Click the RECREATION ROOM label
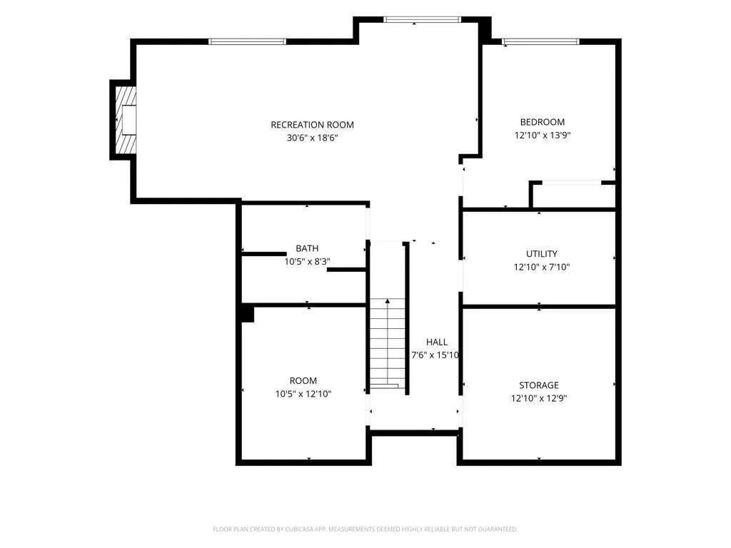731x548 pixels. (312, 125)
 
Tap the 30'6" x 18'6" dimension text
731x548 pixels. (312, 138)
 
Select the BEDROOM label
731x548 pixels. (543, 122)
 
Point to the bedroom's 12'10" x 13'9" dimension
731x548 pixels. (543, 135)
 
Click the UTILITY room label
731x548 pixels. (542, 254)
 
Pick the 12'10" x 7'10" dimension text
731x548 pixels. (542, 267)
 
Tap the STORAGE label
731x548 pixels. (539, 385)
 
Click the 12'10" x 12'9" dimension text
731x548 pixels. (539, 398)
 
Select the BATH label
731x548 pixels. (307, 248)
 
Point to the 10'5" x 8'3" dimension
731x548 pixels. (307, 261)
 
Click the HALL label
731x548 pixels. (437, 342)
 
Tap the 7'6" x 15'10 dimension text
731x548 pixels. (435, 355)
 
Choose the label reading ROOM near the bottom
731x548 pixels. (303, 381)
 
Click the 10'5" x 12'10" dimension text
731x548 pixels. (303, 394)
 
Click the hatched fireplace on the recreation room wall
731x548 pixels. (126, 120)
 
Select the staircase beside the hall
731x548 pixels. (388, 343)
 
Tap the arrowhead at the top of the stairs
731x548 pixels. (388, 302)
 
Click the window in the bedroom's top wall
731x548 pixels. (540, 41)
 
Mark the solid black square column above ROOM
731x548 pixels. (248, 313)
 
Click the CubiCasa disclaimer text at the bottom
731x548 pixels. (365, 529)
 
